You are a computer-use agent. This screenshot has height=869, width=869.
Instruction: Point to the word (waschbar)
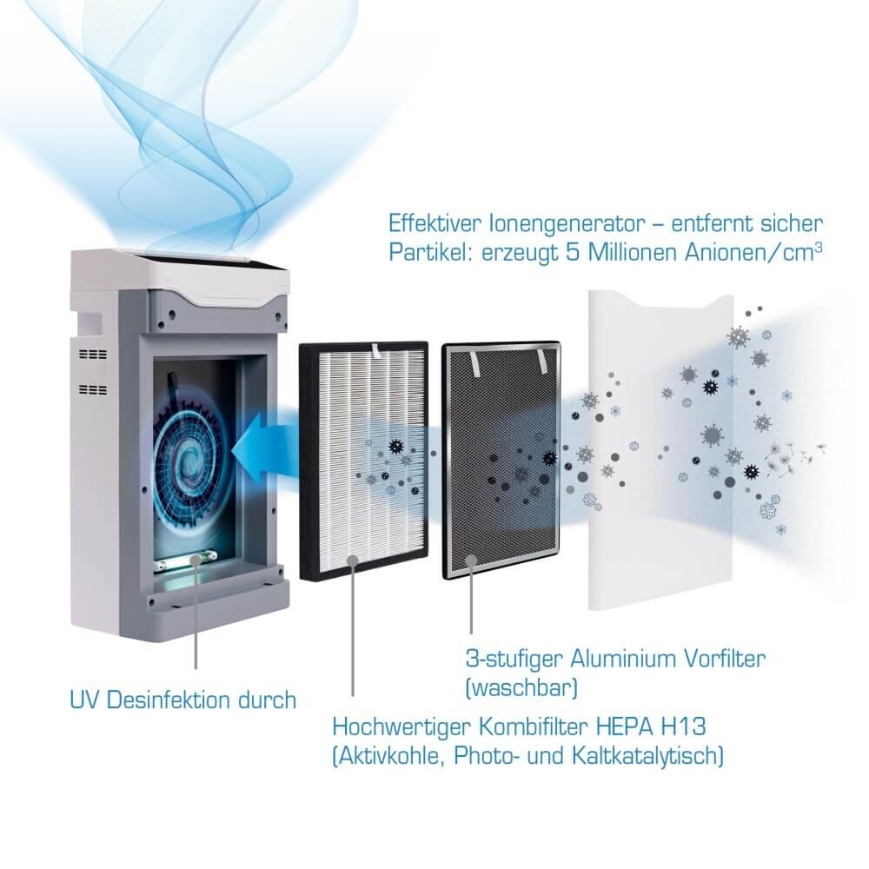(x=521, y=688)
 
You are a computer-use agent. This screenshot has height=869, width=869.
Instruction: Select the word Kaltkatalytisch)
(x=648, y=756)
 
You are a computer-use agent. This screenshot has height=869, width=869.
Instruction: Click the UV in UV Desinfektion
(x=84, y=700)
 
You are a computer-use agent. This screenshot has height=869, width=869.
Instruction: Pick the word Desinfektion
(x=169, y=700)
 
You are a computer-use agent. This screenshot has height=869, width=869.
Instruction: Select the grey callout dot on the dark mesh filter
(x=471, y=560)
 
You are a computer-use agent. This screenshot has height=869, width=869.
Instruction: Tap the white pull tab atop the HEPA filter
(x=375, y=348)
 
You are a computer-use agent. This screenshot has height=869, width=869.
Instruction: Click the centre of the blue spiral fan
(x=190, y=458)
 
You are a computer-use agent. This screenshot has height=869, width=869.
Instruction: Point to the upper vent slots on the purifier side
(x=93, y=355)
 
